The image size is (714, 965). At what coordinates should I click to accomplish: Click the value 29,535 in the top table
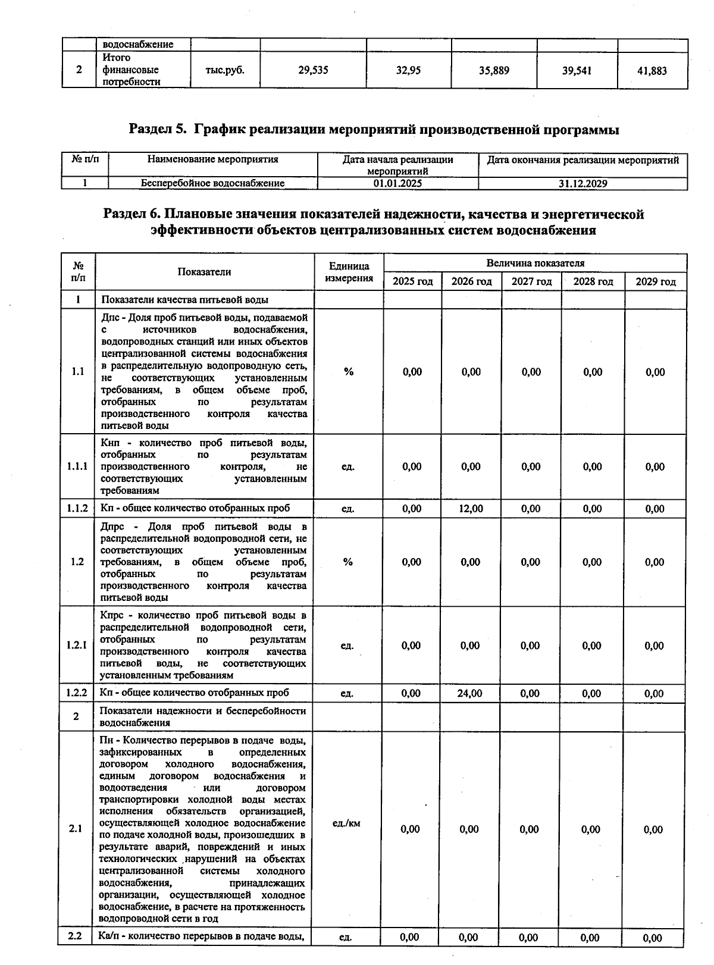[313, 70]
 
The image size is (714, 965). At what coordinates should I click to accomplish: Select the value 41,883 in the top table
[652, 71]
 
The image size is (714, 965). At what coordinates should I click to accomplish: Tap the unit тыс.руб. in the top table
[225, 70]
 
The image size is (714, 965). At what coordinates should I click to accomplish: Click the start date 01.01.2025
[397, 183]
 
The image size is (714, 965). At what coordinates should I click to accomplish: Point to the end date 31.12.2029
[583, 183]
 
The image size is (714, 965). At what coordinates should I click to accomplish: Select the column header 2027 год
[531, 281]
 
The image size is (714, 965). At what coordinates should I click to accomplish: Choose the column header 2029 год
[656, 281]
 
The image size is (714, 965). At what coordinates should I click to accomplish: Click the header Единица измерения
[349, 272]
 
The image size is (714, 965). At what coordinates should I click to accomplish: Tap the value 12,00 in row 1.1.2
[471, 509]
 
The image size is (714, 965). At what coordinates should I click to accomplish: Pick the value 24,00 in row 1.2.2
[470, 693]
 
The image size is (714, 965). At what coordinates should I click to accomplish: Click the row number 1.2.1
[77, 646]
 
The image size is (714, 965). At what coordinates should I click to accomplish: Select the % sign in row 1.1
[349, 372]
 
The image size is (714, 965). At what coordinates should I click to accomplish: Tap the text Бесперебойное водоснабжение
[212, 183]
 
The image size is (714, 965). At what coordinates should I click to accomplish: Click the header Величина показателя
[535, 263]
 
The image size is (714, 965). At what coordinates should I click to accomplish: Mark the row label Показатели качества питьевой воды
[184, 300]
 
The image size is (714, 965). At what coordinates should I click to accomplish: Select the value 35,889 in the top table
[494, 70]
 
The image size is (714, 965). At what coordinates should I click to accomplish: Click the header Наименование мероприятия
[212, 159]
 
